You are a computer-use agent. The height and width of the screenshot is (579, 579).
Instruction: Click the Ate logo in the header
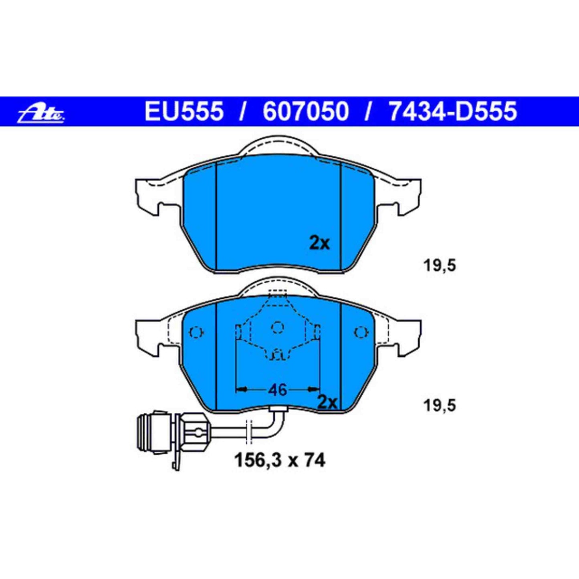click(41, 113)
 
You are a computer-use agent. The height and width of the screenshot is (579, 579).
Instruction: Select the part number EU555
click(184, 111)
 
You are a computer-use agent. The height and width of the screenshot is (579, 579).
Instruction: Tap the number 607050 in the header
click(306, 111)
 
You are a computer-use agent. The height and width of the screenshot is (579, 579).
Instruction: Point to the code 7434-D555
click(453, 111)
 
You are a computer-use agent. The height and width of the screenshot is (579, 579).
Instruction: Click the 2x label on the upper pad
click(319, 243)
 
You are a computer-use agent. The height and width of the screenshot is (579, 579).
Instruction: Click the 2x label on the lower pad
click(327, 402)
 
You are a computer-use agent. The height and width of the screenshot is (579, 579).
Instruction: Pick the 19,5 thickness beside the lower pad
click(440, 406)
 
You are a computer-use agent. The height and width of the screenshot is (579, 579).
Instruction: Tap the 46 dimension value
click(277, 389)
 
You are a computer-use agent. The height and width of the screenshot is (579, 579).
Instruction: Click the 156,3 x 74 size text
click(279, 460)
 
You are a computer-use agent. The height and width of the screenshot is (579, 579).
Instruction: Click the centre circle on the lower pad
click(277, 328)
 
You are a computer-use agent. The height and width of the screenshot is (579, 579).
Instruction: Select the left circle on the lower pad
click(196, 333)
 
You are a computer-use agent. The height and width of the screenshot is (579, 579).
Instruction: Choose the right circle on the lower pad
click(361, 333)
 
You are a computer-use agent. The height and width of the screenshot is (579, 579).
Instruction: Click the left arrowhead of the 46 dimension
click(240, 389)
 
